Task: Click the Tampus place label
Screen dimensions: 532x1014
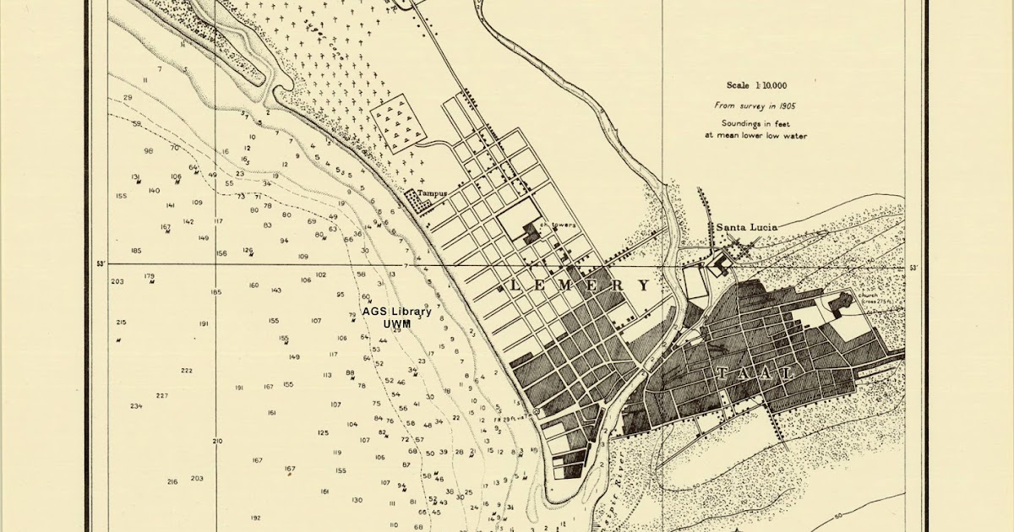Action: (x=432, y=193)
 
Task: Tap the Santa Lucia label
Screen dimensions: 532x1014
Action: (x=746, y=227)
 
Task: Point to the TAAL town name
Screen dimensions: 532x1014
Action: (x=755, y=373)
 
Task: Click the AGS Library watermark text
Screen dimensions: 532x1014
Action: (x=397, y=318)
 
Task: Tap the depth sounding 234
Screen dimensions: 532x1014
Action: (x=136, y=406)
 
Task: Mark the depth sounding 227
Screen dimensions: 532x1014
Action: (x=162, y=395)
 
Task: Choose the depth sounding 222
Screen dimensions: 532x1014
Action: (x=186, y=371)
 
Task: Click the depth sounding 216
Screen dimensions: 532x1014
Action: (x=172, y=481)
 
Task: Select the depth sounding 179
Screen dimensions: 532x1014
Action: (x=150, y=276)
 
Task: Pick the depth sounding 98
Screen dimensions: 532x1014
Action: (x=149, y=150)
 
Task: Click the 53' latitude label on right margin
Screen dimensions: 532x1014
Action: (x=913, y=269)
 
